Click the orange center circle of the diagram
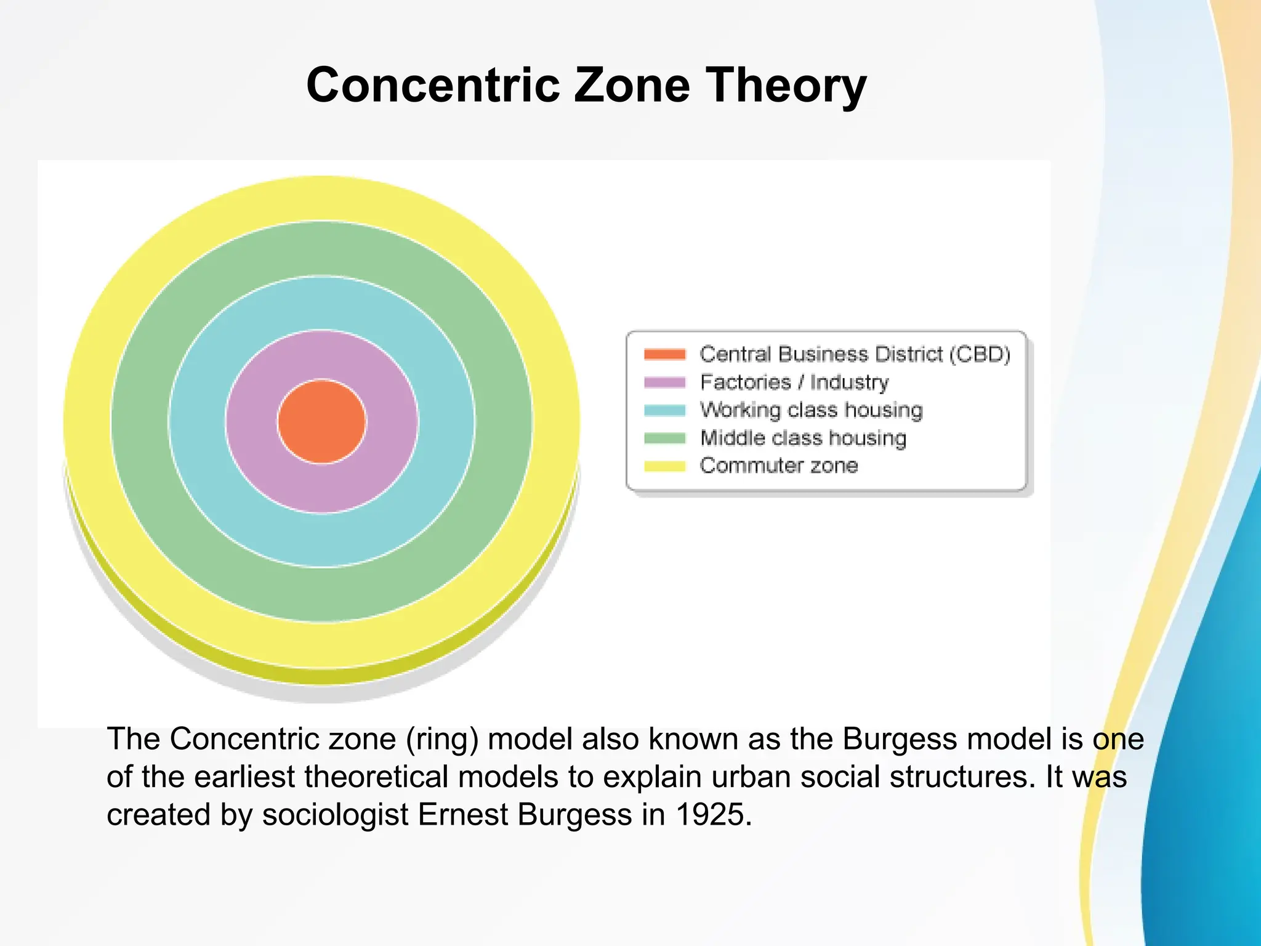[x=321, y=421]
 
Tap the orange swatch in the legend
[x=664, y=354]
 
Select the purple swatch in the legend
[x=664, y=382]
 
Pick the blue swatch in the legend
[x=664, y=410]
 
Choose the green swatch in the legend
[x=664, y=438]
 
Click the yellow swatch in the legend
[x=664, y=466]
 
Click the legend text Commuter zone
[x=778, y=466]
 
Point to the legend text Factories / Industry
[x=794, y=382]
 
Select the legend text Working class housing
[x=811, y=410]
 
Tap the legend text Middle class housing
[x=803, y=438]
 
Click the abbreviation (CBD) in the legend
[x=979, y=354]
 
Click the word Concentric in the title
[x=433, y=85]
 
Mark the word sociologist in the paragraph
[x=335, y=815]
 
